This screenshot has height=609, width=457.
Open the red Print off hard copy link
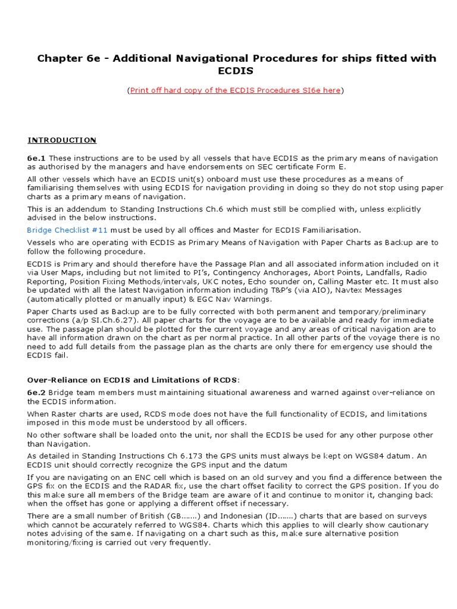coord(235,90)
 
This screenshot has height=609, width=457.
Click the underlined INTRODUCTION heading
coord(62,140)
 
